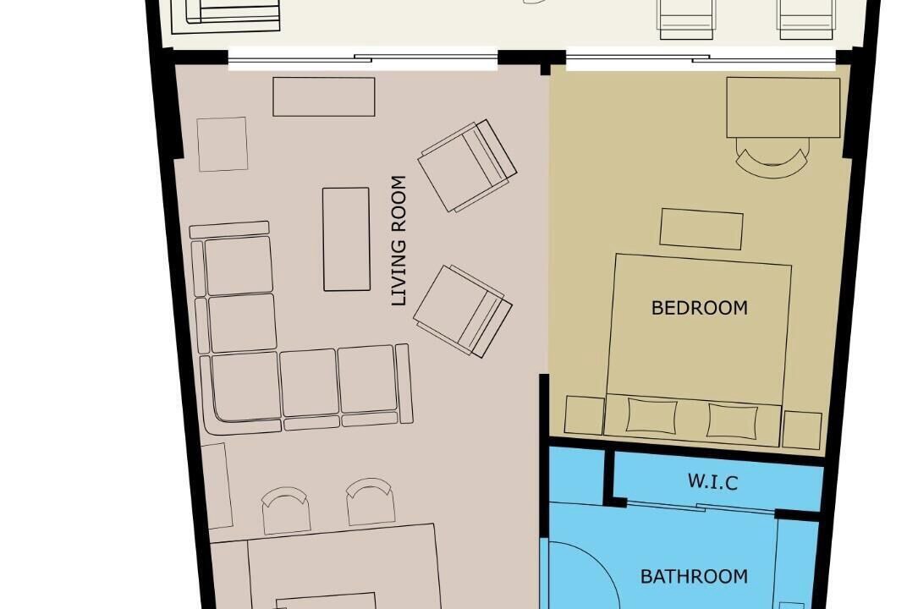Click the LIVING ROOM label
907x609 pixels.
pyautogui.click(x=399, y=240)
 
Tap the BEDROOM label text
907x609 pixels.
pyautogui.click(x=700, y=308)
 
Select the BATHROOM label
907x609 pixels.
pyautogui.click(x=694, y=576)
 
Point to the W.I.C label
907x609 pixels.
pyautogui.click(x=712, y=481)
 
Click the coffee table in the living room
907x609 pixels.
pyautogui.click(x=347, y=239)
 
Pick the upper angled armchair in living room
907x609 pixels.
pyautogui.click(x=467, y=166)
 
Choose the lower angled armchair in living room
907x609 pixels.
pyautogui.click(x=463, y=311)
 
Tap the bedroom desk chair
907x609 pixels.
pyautogui.click(x=772, y=158)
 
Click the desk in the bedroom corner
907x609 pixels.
pyautogui.click(x=783, y=107)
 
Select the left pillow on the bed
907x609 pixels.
pyautogui.click(x=651, y=414)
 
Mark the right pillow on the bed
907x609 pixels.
pyautogui.click(x=733, y=420)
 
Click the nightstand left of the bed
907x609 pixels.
pyautogui.click(x=585, y=415)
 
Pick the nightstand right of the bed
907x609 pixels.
pyautogui.click(x=802, y=430)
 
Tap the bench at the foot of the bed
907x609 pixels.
pyautogui.click(x=701, y=229)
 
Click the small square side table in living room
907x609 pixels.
pyautogui.click(x=223, y=144)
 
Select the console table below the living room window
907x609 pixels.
pyautogui.click(x=324, y=96)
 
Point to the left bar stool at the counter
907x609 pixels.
pyautogui.click(x=284, y=510)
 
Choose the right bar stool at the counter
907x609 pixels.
pyautogui.click(x=371, y=502)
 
